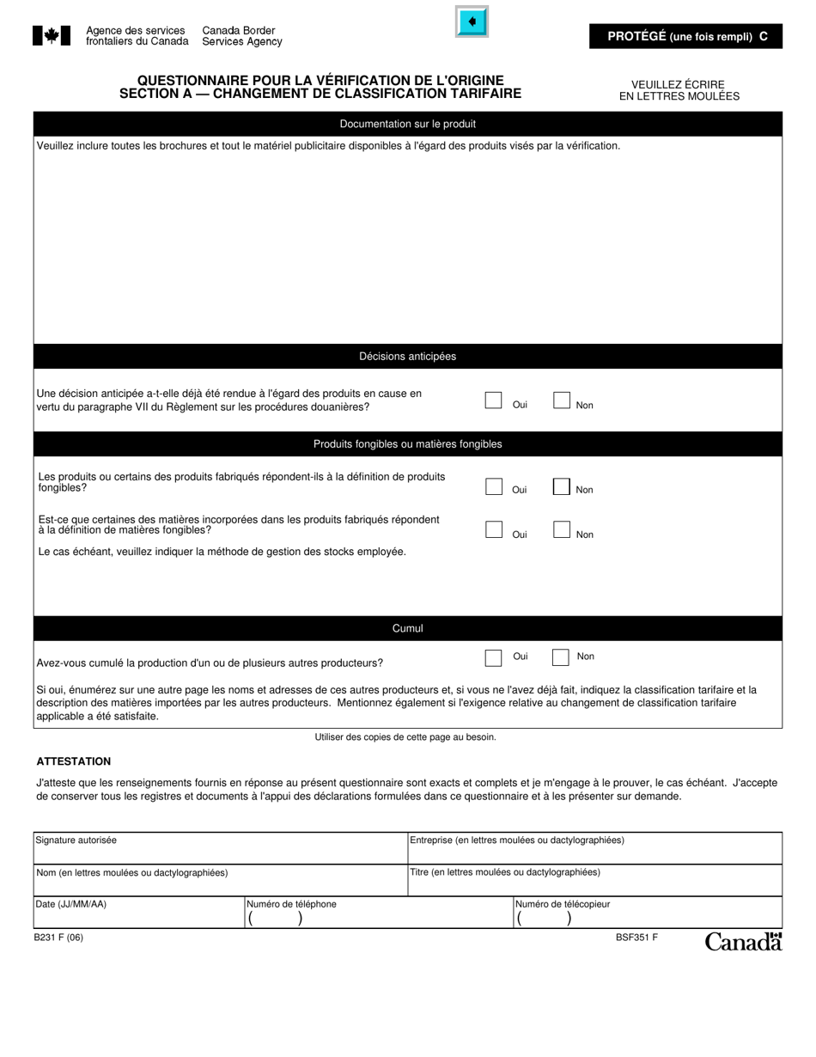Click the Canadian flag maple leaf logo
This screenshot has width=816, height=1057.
[52, 35]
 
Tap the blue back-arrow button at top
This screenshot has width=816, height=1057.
[472, 22]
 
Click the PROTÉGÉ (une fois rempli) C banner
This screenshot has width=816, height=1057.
[686, 36]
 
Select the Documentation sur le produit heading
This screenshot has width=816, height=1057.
[407, 124]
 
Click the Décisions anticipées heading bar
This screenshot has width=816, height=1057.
[407, 357]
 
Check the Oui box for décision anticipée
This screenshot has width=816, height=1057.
[493, 400]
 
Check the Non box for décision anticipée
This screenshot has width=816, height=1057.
[562, 400]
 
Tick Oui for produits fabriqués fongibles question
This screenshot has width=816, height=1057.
[494, 486]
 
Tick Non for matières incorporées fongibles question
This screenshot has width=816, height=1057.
[562, 530]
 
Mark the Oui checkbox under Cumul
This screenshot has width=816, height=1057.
[494, 657]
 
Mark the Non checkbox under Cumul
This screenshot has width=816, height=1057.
[561, 657]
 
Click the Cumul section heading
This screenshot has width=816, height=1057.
[407, 628]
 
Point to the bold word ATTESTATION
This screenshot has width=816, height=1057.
[73, 761]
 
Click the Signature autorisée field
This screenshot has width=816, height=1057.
[220, 849]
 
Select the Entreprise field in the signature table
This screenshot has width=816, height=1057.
[594, 849]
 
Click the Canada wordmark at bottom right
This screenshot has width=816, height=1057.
[743, 942]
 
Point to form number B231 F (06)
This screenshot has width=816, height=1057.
[58, 938]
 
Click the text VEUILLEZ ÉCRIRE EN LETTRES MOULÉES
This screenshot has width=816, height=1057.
[679, 90]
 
